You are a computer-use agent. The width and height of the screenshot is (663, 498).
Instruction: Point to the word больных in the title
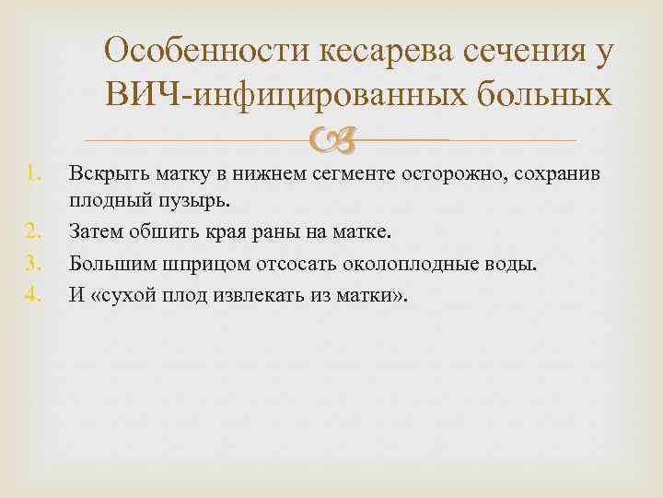(544, 93)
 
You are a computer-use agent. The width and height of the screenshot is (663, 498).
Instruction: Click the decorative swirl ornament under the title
(331, 140)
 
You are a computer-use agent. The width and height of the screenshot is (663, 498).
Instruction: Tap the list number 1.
(34, 173)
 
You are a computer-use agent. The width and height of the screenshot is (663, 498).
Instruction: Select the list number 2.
(33, 231)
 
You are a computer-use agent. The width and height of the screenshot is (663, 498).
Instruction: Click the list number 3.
(33, 264)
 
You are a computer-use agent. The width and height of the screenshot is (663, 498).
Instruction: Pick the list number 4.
(33, 295)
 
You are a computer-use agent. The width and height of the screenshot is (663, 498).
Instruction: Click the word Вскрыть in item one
(109, 174)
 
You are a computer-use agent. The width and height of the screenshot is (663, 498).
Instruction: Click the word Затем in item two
(96, 231)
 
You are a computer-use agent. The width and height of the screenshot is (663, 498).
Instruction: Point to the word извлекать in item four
(259, 295)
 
